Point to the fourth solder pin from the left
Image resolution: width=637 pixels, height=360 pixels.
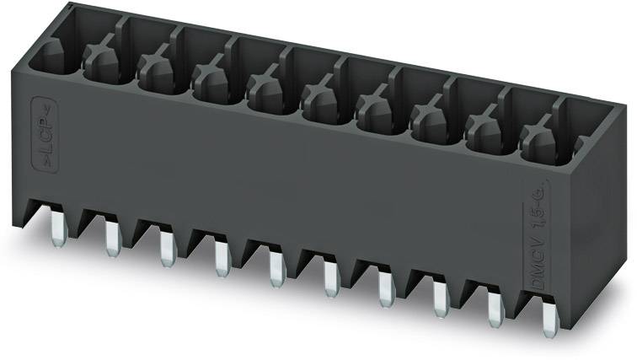(x=221, y=257)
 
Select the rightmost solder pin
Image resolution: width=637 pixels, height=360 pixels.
(x=549, y=321)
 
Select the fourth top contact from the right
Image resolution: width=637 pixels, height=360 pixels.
(x=373, y=110)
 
